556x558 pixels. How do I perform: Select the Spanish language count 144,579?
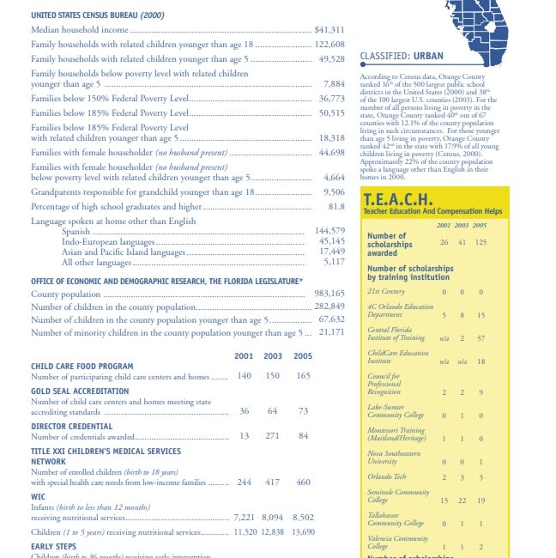click(x=329, y=231)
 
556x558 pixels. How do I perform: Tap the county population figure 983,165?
click(x=329, y=294)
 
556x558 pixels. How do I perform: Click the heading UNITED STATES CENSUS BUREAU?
click(x=98, y=15)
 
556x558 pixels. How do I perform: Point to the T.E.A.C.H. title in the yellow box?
click(x=398, y=199)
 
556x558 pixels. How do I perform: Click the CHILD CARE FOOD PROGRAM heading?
click(x=82, y=367)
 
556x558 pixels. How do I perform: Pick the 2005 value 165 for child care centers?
click(x=303, y=376)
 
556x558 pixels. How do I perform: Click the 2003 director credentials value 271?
click(x=274, y=436)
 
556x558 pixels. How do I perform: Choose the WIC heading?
click(x=39, y=497)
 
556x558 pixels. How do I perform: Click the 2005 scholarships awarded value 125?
click(x=480, y=242)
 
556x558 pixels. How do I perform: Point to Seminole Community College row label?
click(x=398, y=496)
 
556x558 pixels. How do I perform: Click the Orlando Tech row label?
click(x=386, y=476)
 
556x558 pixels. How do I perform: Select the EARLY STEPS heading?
click(x=53, y=546)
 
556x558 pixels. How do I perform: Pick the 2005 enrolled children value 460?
click(x=303, y=482)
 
